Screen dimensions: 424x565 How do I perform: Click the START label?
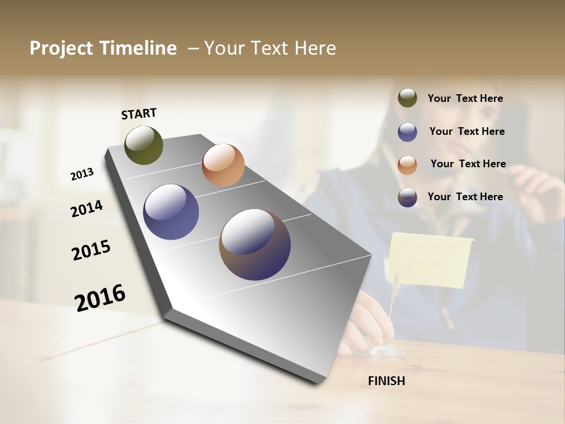pos(139,113)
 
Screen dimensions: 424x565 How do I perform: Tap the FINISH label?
pos(386,381)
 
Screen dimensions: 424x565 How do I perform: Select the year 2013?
pos(82,174)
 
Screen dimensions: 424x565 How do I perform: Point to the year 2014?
pos(87,208)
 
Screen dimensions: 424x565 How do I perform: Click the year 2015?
pos(91,250)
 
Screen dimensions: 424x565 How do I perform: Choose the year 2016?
pos(100,297)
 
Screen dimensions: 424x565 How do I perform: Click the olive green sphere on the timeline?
pos(144,145)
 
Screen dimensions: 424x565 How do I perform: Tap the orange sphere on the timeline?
pos(223,165)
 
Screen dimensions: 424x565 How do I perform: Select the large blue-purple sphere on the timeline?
pos(171,212)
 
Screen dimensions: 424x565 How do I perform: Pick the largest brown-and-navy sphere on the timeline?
pos(255,244)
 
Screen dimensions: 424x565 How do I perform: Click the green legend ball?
pos(407,98)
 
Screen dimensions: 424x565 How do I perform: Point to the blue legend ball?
pos(407,132)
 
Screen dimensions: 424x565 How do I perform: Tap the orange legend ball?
pos(407,165)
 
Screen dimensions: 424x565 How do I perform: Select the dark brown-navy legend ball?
pos(407,197)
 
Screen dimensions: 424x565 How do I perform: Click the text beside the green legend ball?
pos(465,99)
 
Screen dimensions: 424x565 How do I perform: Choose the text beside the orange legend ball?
pos(468,164)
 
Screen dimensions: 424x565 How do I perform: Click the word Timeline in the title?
pos(139,48)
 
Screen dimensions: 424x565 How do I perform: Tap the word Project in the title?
pos(61,48)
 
